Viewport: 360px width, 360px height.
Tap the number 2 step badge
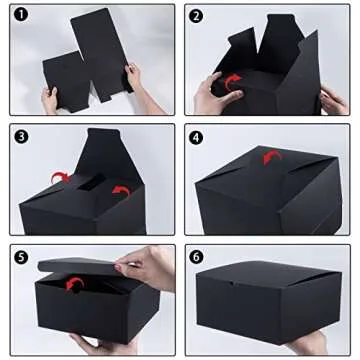(196, 16)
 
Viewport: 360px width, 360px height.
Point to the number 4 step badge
(196, 135)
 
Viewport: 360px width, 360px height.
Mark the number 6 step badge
(196, 256)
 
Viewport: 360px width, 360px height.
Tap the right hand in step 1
(130, 75)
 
